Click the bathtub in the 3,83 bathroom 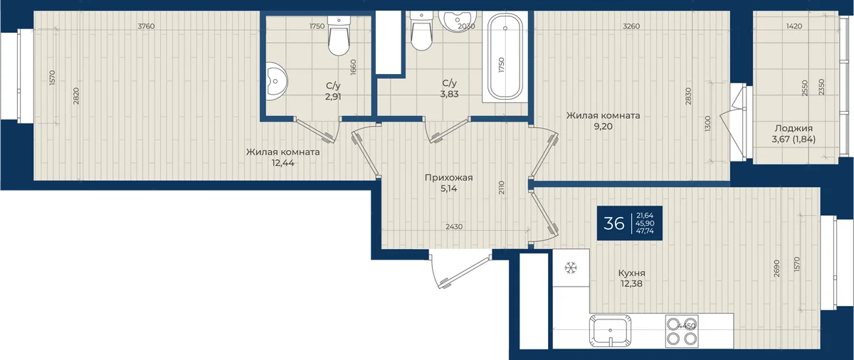click(x=505, y=56)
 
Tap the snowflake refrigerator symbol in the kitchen click(x=571, y=268)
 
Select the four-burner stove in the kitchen click(x=682, y=331)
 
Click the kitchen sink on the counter click(x=610, y=331)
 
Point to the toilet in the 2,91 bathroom click(x=339, y=36)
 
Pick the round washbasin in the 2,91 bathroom click(x=275, y=81)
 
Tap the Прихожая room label click(x=449, y=178)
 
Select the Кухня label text click(x=632, y=273)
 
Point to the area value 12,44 click(x=283, y=163)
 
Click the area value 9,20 click(x=603, y=127)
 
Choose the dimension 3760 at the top click(x=146, y=26)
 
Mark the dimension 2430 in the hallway click(x=454, y=227)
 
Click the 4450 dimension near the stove click(x=687, y=326)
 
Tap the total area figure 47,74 click(x=645, y=231)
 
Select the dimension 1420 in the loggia click(x=794, y=26)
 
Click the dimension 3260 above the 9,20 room click(x=631, y=26)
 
